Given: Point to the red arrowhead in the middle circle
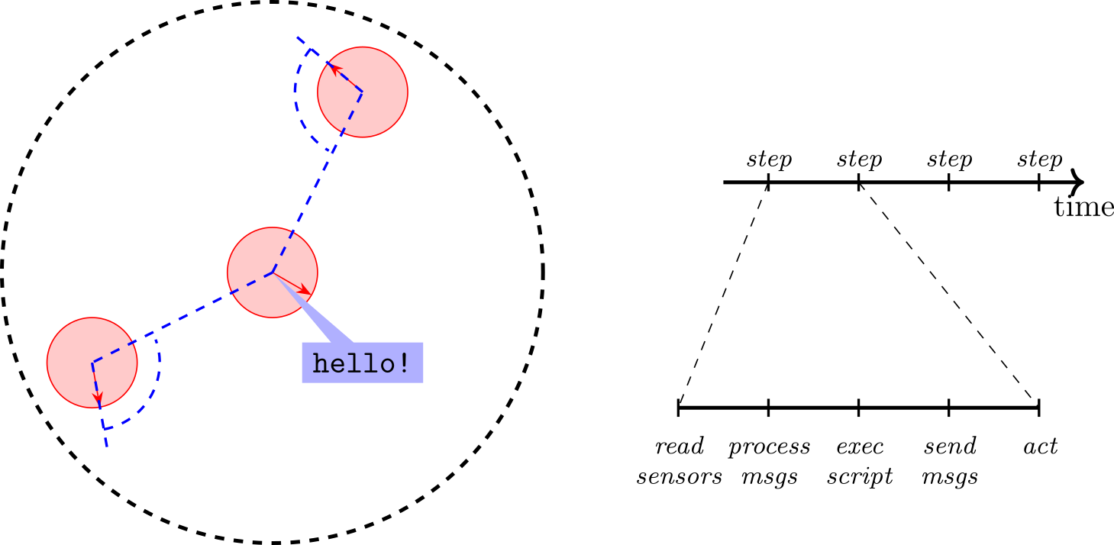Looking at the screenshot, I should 306,291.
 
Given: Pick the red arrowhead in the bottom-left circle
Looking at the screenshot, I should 98,399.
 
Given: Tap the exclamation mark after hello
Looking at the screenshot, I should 404,363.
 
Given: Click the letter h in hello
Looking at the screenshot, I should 322,363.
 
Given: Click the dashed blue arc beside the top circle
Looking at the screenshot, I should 296,99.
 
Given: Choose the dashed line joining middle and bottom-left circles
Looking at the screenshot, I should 183,317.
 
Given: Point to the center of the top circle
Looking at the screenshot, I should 363,92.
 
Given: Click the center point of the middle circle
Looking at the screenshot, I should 273,272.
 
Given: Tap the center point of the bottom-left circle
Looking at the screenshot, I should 92,363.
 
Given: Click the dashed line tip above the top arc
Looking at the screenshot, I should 298,37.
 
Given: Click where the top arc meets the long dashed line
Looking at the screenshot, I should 333,151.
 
